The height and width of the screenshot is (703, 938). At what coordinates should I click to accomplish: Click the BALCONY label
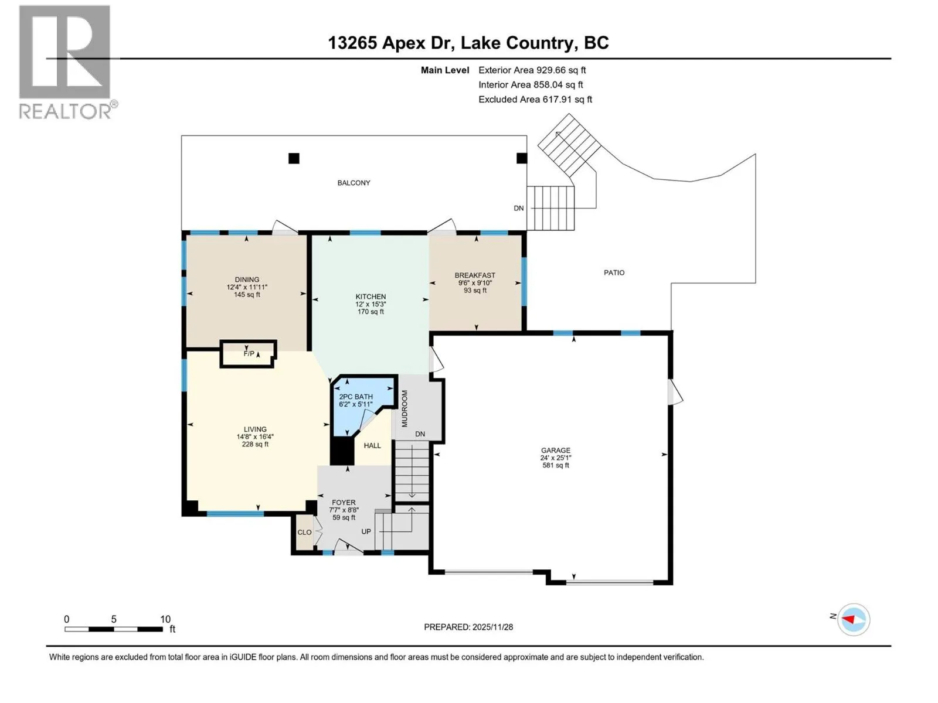point(354,183)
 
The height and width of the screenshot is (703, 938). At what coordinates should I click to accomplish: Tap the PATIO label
point(614,272)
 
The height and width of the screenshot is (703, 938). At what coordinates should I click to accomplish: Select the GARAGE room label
point(556,450)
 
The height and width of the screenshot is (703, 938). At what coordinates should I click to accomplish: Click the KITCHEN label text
point(371,296)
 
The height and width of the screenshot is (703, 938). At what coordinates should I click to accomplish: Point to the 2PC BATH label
point(355,397)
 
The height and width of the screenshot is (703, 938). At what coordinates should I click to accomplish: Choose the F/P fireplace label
point(249,353)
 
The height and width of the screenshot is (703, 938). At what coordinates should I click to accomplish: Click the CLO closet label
point(304,533)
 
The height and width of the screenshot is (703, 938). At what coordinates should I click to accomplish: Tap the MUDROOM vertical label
point(405,408)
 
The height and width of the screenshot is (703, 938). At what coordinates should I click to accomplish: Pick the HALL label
point(372,446)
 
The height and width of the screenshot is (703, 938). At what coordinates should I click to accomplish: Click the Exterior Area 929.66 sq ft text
point(532,70)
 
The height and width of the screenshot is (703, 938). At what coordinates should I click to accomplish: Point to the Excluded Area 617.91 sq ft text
point(535,100)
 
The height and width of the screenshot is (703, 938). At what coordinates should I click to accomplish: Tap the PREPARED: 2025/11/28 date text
point(468,627)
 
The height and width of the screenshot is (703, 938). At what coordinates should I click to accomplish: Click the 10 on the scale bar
point(165,619)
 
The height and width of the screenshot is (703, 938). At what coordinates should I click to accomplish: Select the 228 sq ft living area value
point(255,444)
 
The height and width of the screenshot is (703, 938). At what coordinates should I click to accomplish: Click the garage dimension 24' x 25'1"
point(556,458)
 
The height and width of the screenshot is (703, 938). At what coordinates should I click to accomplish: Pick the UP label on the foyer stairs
point(366,531)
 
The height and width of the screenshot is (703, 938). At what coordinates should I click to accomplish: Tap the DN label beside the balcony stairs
point(518,209)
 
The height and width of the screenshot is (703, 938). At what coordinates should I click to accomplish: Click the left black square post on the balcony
point(294,158)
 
